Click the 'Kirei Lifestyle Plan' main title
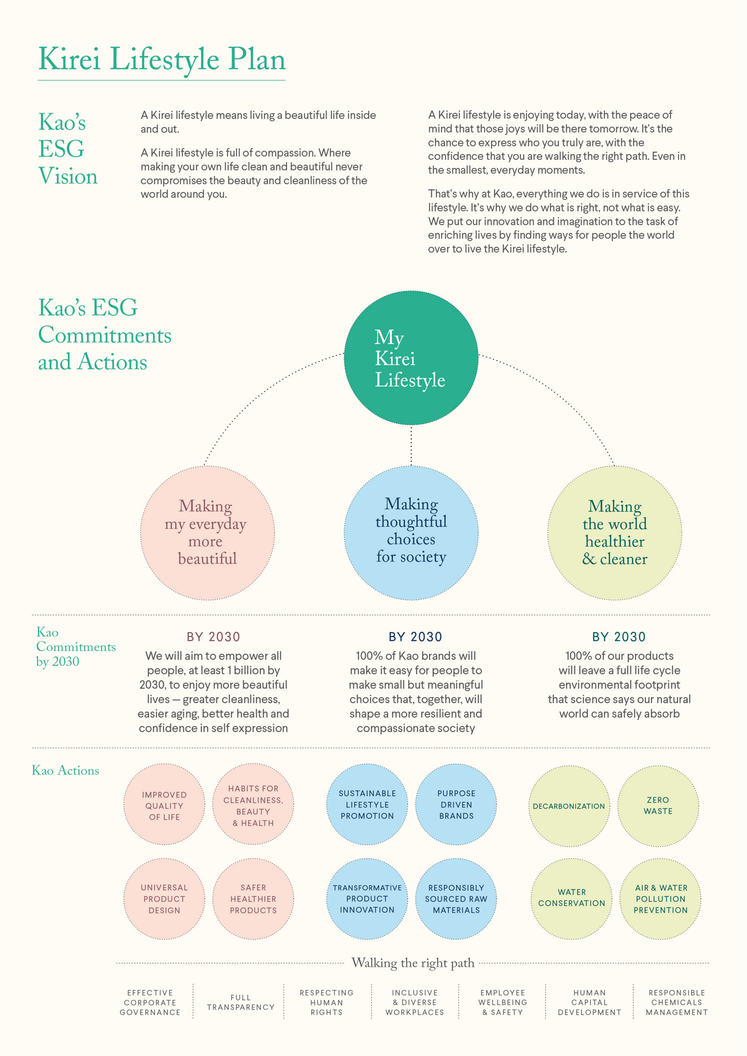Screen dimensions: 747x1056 162,60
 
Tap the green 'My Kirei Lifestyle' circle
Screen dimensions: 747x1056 411,358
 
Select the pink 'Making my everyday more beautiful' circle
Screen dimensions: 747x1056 207,533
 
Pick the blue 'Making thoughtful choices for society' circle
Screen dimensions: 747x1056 411,533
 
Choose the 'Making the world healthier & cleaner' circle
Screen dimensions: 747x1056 615,533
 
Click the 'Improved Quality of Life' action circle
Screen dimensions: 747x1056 165,805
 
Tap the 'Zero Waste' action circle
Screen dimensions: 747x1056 658,806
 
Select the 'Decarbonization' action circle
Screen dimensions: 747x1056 569,806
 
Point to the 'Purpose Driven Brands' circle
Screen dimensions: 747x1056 456,805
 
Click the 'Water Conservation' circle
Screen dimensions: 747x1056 572,898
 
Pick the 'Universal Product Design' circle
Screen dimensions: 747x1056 165,898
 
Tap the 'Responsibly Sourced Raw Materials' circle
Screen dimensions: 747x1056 456,898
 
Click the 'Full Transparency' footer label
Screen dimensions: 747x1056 240,1002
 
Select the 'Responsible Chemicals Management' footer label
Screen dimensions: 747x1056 677,1002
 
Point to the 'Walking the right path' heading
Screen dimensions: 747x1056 413,963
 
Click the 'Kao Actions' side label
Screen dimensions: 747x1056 65,770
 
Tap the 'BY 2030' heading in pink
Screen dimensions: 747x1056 214,637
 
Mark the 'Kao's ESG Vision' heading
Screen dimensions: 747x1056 68,149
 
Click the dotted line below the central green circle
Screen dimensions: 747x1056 411,445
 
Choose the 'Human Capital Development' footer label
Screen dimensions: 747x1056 589,1002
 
